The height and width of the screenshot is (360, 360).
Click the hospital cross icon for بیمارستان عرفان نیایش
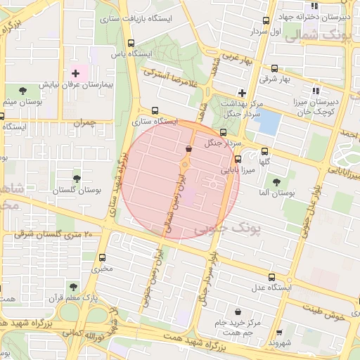[76, 73]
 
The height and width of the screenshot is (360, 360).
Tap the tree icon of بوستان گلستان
[77, 179]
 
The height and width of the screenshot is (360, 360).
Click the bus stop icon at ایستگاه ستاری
[155, 110]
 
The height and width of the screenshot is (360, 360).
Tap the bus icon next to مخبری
[103, 257]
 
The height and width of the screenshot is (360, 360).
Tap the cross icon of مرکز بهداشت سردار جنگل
[242, 92]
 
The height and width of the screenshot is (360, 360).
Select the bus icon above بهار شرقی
[274, 69]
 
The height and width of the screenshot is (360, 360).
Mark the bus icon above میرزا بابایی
[238, 159]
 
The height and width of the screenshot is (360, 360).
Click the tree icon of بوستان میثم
[23, 91]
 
